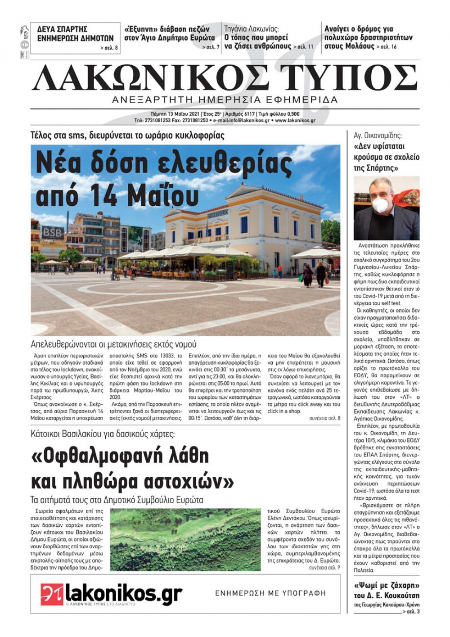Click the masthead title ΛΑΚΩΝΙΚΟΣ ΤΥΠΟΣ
(x=225, y=77)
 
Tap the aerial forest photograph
(x=185, y=540)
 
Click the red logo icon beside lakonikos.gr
(x=52, y=594)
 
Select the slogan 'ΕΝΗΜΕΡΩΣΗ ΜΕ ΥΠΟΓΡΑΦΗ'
(x=270, y=593)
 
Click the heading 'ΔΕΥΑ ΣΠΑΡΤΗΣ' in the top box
(x=63, y=29)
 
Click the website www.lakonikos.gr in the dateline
(x=295, y=121)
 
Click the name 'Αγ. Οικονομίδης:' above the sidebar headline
(x=378, y=135)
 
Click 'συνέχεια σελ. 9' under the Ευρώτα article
(x=324, y=568)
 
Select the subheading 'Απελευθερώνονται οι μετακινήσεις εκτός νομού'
(x=113, y=344)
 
